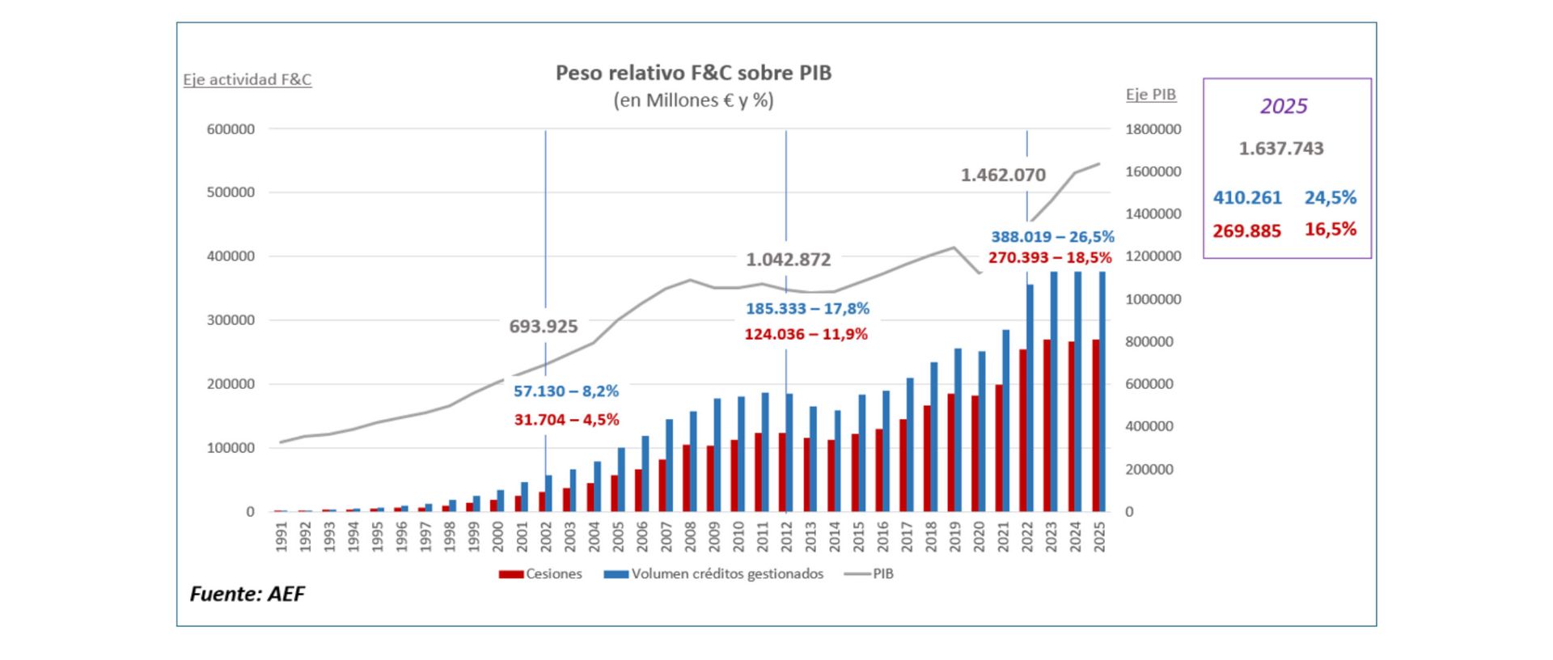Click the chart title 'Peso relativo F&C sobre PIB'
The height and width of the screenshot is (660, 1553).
point(693,73)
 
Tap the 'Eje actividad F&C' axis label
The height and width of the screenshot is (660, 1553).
point(247,80)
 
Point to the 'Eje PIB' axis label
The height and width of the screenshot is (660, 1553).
point(1150,95)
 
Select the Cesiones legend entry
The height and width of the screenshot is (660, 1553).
point(540,574)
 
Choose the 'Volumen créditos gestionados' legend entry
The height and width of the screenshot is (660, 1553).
point(713,574)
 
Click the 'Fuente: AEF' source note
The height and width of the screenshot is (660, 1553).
point(247,594)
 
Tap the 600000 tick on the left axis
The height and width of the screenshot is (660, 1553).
point(231,129)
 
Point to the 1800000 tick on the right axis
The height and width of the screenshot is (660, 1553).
point(1153,129)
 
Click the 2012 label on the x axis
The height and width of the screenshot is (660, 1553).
point(785,536)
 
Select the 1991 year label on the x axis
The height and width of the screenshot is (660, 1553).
point(281,536)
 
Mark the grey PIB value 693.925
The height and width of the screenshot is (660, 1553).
point(543,327)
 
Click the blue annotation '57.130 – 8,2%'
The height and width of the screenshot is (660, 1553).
point(565,391)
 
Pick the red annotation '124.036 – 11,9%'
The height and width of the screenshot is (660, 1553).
point(806,334)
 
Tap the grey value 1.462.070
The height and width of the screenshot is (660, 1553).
point(1003,176)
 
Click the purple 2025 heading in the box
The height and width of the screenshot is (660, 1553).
point(1284,107)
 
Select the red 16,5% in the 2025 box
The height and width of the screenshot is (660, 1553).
point(1330,230)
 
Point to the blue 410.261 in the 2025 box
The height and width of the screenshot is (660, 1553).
point(1247,198)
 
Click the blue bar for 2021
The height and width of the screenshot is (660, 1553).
point(1006,421)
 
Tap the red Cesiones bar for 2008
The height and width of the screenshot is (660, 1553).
point(687,478)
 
